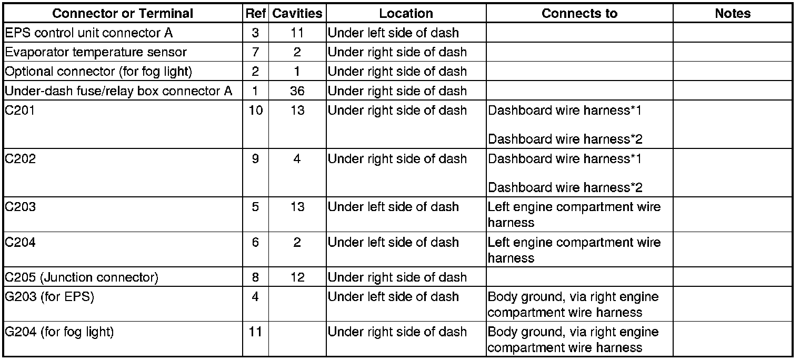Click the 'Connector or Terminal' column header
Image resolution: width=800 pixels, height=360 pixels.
point(123,14)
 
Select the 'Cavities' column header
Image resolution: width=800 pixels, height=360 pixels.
point(297,14)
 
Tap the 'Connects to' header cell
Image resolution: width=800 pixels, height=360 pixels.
point(579,14)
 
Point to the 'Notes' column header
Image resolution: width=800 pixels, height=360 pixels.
point(732,14)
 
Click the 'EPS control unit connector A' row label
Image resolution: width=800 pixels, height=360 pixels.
point(88,33)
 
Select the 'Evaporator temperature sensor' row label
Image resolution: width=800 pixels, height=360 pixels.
point(95,52)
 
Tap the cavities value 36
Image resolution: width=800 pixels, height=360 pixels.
point(297,91)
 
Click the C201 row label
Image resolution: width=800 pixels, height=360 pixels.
point(20,111)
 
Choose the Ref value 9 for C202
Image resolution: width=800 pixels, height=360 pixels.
point(255,159)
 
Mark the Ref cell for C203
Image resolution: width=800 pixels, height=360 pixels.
point(255,207)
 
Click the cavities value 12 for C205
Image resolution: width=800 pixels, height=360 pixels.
point(297,277)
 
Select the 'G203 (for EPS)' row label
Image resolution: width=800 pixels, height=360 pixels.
point(49,297)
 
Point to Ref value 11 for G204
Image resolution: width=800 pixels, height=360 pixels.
point(255,332)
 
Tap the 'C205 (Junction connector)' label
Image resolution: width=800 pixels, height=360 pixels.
point(81,277)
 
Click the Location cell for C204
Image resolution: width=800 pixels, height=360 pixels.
point(393,243)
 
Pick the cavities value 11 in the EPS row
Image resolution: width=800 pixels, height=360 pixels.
point(297,33)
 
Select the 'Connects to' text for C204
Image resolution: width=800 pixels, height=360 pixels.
point(574,250)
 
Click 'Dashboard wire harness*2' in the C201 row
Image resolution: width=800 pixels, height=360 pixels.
point(565,139)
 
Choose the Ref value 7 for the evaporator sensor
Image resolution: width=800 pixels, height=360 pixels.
point(255,52)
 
